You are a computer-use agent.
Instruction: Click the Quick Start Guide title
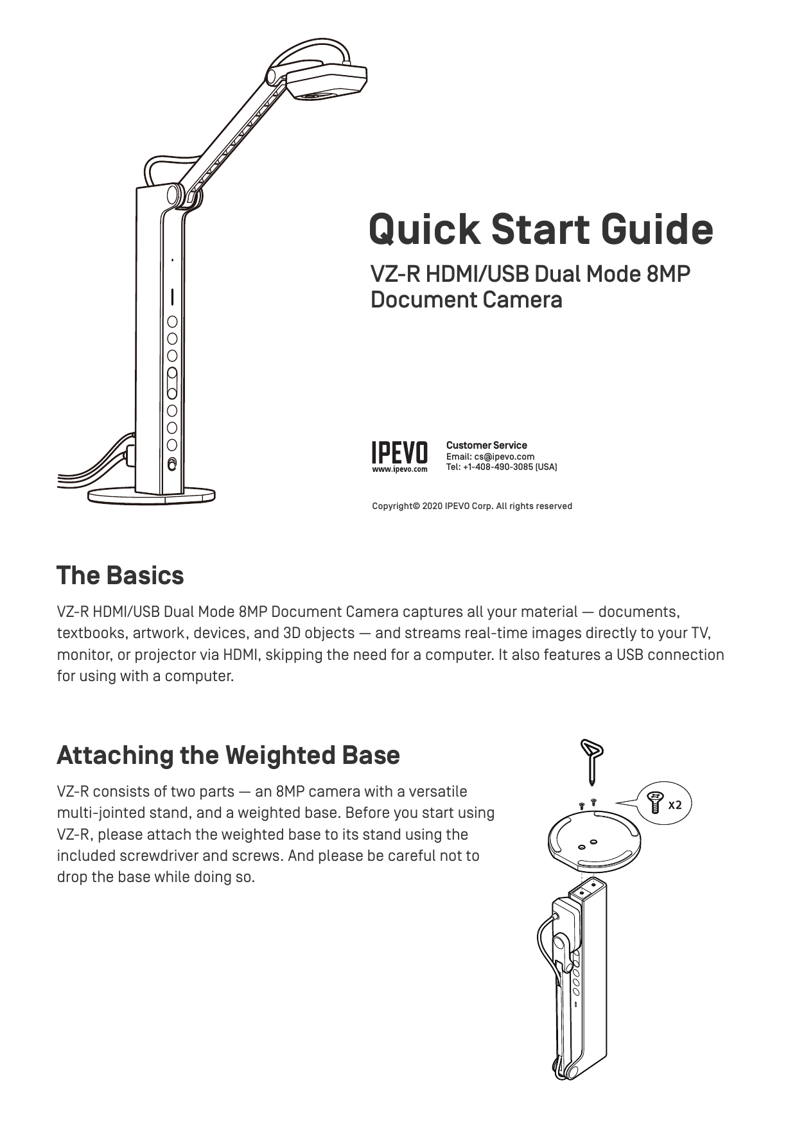(x=540, y=230)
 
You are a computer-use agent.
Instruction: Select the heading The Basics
(x=120, y=575)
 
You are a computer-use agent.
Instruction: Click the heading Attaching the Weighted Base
(x=228, y=755)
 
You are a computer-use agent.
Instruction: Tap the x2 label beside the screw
(x=674, y=805)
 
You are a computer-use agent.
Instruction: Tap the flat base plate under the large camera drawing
(x=152, y=495)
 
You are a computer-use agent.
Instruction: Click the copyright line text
(x=471, y=506)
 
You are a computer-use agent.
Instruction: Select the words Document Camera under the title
(x=466, y=300)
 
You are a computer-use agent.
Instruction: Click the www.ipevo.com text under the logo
(x=399, y=469)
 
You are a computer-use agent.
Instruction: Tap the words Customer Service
(x=486, y=445)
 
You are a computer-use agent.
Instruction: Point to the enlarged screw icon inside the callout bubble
(x=655, y=802)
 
